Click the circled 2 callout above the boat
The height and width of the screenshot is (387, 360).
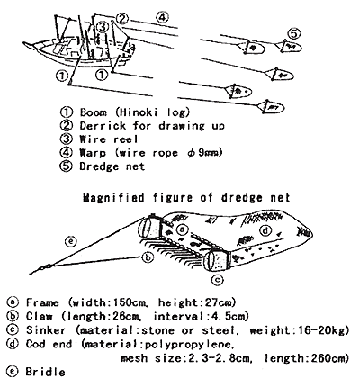(x=121, y=19)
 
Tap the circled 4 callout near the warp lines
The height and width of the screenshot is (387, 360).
(x=162, y=17)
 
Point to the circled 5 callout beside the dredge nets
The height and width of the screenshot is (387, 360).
(x=294, y=33)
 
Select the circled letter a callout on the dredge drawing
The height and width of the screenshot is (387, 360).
(x=182, y=229)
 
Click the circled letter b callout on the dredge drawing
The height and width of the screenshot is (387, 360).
(x=148, y=257)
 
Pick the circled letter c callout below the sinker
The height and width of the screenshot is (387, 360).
(x=218, y=280)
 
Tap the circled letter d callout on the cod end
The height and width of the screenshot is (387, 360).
(x=265, y=231)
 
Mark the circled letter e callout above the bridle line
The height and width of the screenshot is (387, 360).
(x=71, y=241)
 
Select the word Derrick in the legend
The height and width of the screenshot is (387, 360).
(x=103, y=125)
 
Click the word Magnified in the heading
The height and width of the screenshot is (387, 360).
(x=113, y=198)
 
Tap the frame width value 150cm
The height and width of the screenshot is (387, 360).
(x=130, y=302)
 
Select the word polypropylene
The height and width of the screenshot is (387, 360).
(x=189, y=345)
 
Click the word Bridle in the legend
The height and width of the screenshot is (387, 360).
(x=45, y=372)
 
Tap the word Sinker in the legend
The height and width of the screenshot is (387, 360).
(x=46, y=330)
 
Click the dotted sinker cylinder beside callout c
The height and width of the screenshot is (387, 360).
(x=216, y=260)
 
